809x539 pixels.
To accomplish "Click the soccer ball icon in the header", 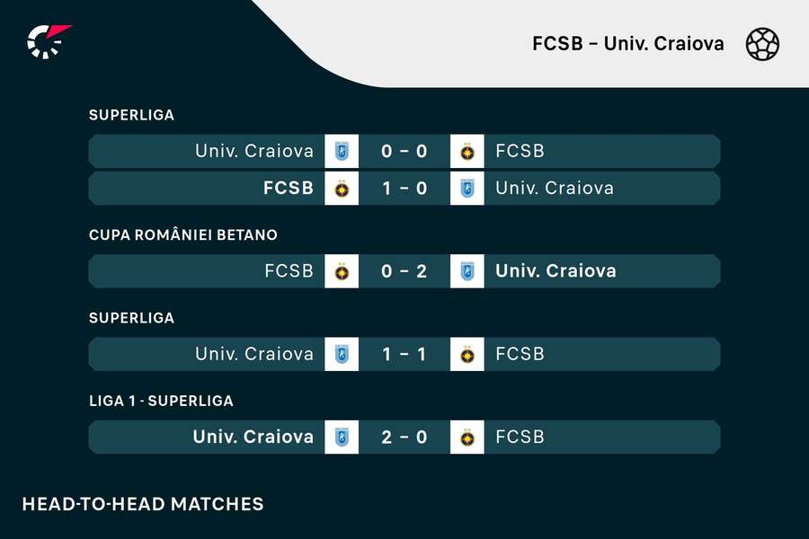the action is tap(762, 44).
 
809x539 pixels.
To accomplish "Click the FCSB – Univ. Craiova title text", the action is tap(628, 44).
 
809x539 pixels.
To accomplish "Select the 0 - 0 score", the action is tap(404, 151).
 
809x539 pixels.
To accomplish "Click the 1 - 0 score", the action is tap(404, 189).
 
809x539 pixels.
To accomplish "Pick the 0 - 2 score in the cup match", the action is tap(404, 271).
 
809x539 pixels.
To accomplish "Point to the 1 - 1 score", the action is tap(404, 354).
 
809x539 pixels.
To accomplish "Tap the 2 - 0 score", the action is tap(404, 437).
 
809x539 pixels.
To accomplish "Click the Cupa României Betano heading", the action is tap(183, 235).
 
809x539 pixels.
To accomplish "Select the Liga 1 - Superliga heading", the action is tap(161, 401).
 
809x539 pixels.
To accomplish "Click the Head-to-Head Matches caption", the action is tap(143, 504).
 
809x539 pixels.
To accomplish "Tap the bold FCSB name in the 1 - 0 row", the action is tap(289, 188).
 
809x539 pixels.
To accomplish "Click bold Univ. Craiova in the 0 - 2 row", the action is tap(556, 270).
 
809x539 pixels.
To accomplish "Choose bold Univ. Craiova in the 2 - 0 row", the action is tap(253, 437).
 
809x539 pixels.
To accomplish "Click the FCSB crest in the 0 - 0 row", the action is tap(467, 151).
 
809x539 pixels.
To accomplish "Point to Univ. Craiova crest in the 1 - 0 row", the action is tap(467, 189).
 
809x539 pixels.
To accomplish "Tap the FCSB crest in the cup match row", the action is tap(342, 271).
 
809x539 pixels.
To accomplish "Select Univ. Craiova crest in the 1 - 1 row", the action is tap(342, 354).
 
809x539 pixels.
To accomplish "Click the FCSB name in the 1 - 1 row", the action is tap(520, 354).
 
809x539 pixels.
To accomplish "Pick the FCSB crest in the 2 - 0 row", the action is tap(467, 437).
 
